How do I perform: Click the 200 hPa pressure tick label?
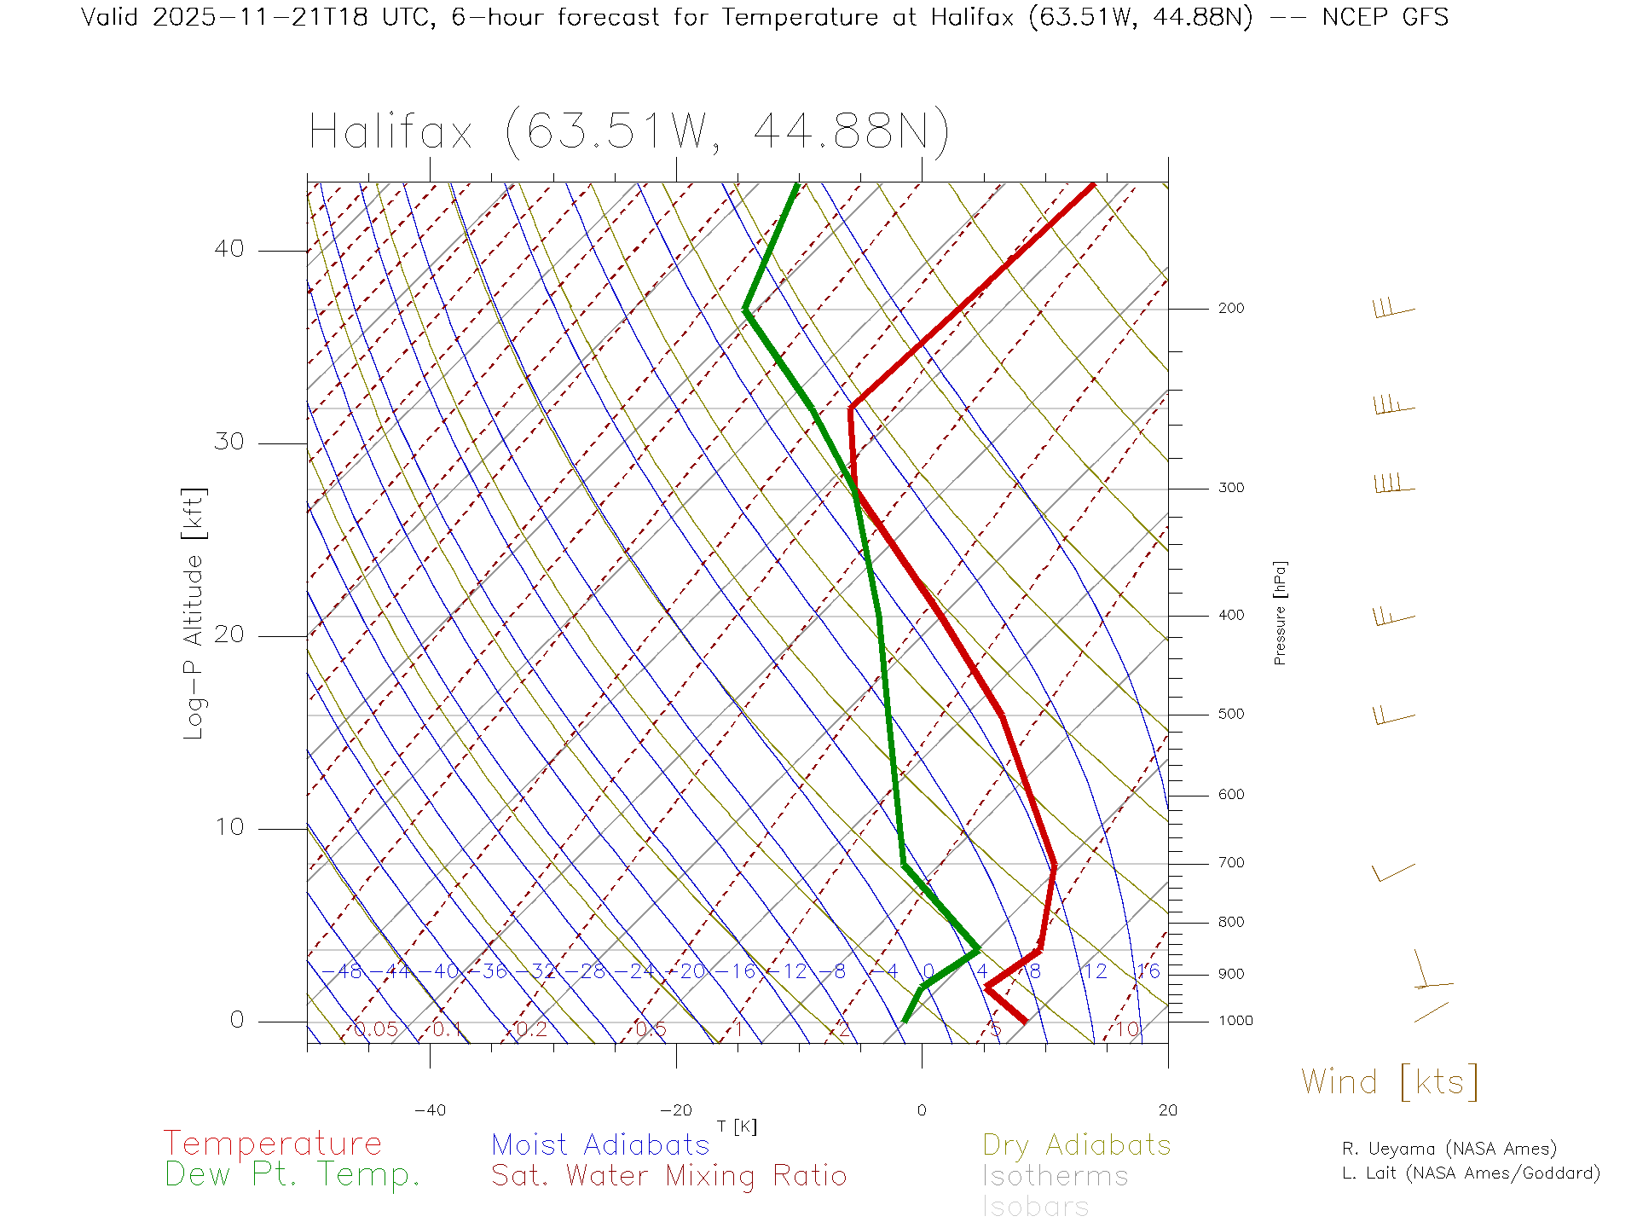pos(1230,309)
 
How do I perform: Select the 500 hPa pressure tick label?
pos(1230,715)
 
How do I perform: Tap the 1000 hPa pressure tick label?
pos(1235,1021)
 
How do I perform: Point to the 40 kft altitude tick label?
pos(228,249)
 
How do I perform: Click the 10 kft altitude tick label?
pos(228,827)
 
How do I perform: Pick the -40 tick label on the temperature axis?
pos(430,1110)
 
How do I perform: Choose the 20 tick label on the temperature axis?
pos(1167,1110)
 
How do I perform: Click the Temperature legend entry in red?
pos(273,1143)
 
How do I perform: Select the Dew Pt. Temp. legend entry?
pos(292,1175)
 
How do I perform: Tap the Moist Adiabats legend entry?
pos(600,1144)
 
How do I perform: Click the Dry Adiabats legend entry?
pos(1076,1144)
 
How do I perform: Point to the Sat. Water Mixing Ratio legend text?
pos(668,1176)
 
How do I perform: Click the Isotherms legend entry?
pos(1055,1176)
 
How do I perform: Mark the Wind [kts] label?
pos(1389,1082)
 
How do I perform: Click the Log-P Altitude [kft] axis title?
pos(194,614)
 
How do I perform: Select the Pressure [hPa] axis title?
pos(1280,612)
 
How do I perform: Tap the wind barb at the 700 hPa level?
pos(1393,872)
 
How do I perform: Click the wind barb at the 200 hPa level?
pos(1393,309)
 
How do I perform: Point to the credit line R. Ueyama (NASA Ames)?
pos(1449,1149)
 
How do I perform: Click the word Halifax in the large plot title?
pos(390,133)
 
